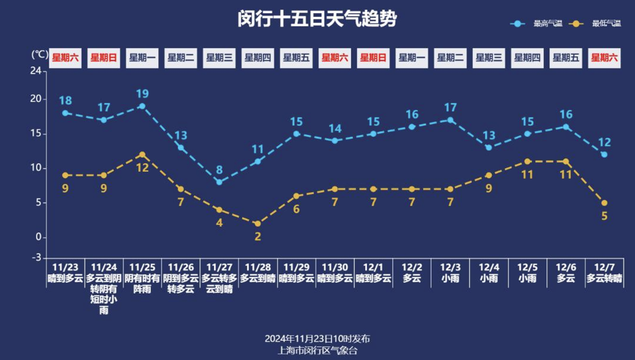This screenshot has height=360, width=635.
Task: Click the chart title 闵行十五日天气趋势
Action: click(x=317, y=19)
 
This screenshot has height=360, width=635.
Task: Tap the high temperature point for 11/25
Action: click(x=142, y=106)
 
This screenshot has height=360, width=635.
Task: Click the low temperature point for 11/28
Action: click(x=258, y=224)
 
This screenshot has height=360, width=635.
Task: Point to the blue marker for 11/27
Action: click(x=219, y=182)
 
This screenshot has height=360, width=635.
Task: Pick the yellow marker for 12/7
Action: click(x=604, y=203)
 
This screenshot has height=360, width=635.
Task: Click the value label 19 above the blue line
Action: click(x=142, y=94)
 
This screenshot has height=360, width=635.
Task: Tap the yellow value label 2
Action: click(x=258, y=236)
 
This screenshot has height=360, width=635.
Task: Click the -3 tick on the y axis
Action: click(x=36, y=258)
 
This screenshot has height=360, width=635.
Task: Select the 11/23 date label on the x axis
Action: click(x=65, y=268)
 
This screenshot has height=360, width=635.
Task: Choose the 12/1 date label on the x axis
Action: click(x=373, y=268)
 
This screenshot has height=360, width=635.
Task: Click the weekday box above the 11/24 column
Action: click(x=103, y=58)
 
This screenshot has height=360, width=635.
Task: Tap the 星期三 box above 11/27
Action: click(x=219, y=58)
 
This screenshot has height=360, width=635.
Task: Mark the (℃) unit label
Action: click(x=39, y=54)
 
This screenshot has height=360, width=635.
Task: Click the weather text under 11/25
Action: click(x=142, y=284)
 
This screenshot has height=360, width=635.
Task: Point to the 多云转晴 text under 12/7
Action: click(x=604, y=279)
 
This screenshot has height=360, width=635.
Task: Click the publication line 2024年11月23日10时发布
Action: click(x=317, y=339)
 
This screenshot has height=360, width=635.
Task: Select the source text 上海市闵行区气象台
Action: click(x=317, y=351)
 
